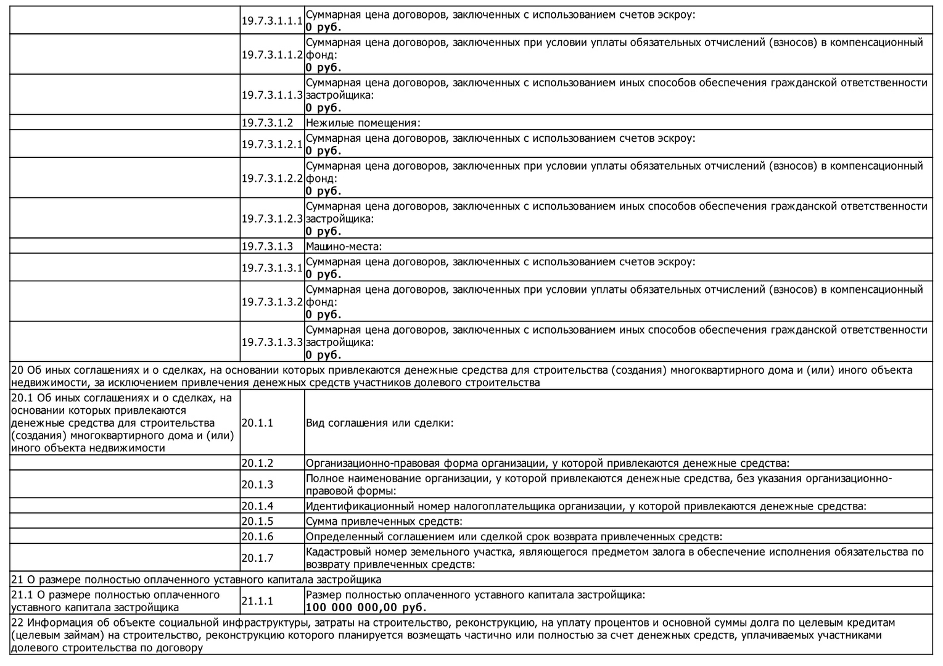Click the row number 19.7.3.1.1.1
coord(272,20)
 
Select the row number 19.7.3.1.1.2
coord(272,54)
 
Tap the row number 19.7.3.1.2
coord(267,123)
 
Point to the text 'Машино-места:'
coord(344,247)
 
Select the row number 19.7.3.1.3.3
coord(272,342)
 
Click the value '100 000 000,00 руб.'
coord(357,607)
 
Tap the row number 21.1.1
coord(257,601)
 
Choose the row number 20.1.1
coord(257,423)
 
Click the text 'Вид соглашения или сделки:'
coord(379,423)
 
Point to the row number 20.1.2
coord(257,463)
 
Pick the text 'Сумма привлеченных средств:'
coord(384,521)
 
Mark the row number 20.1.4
coord(257,506)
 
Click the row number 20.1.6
coord(257,536)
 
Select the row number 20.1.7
coord(257,557)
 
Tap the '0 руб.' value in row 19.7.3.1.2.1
coord(323,150)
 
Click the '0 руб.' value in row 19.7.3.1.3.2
coord(323,314)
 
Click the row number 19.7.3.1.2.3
coord(272,218)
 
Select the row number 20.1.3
coord(257,485)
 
